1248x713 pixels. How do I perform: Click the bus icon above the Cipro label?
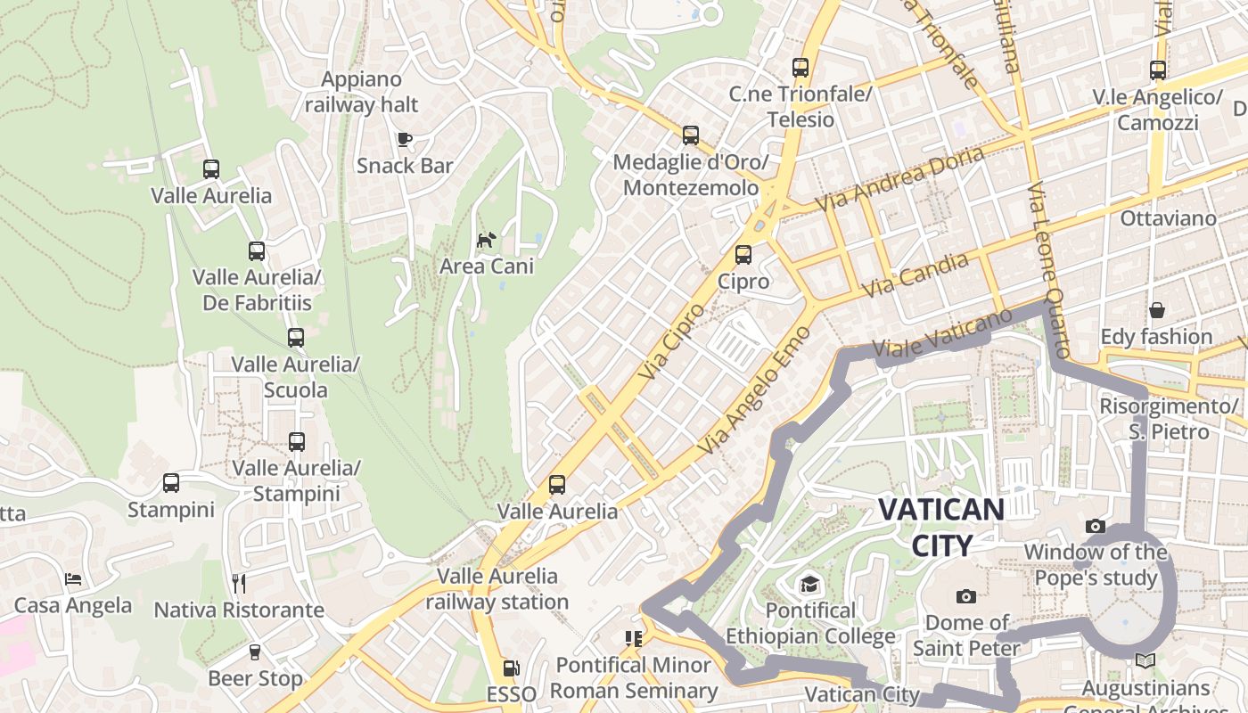(743, 255)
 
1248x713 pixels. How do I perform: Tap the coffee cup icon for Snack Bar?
(404, 139)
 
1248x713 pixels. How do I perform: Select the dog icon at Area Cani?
(486, 240)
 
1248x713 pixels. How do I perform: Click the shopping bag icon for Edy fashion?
(1156, 310)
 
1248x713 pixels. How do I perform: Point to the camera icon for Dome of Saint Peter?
(965, 596)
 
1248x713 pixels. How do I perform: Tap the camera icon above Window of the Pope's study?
(1096, 526)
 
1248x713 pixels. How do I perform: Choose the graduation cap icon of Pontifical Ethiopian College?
(809, 584)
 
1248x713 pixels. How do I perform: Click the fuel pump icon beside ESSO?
(511, 668)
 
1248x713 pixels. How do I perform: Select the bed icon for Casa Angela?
(73, 579)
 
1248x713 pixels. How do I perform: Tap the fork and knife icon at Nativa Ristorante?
(238, 584)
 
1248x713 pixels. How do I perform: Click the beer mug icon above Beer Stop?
(255, 652)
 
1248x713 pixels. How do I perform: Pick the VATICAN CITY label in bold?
(940, 527)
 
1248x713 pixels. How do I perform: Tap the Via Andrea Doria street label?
(900, 179)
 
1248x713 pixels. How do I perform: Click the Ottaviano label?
(1168, 218)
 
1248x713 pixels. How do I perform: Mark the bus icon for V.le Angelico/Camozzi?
(1157, 70)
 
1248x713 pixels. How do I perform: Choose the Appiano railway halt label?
(361, 92)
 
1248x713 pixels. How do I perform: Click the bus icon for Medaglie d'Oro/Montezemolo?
(691, 135)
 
